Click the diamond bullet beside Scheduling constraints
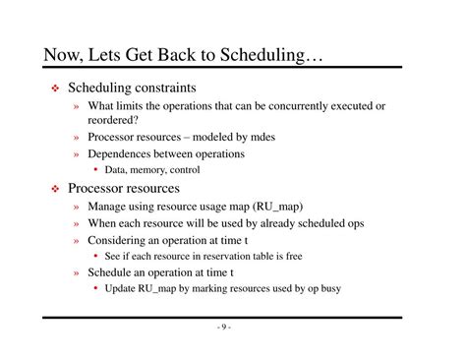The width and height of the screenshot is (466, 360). (x=56, y=89)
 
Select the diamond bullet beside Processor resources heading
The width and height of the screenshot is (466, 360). (x=56, y=189)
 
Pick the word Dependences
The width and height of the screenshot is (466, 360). (x=124, y=154)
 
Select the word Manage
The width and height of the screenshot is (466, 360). (x=110, y=207)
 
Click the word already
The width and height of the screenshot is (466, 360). (x=260, y=223)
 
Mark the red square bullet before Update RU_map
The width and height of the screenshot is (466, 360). (x=95, y=289)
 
